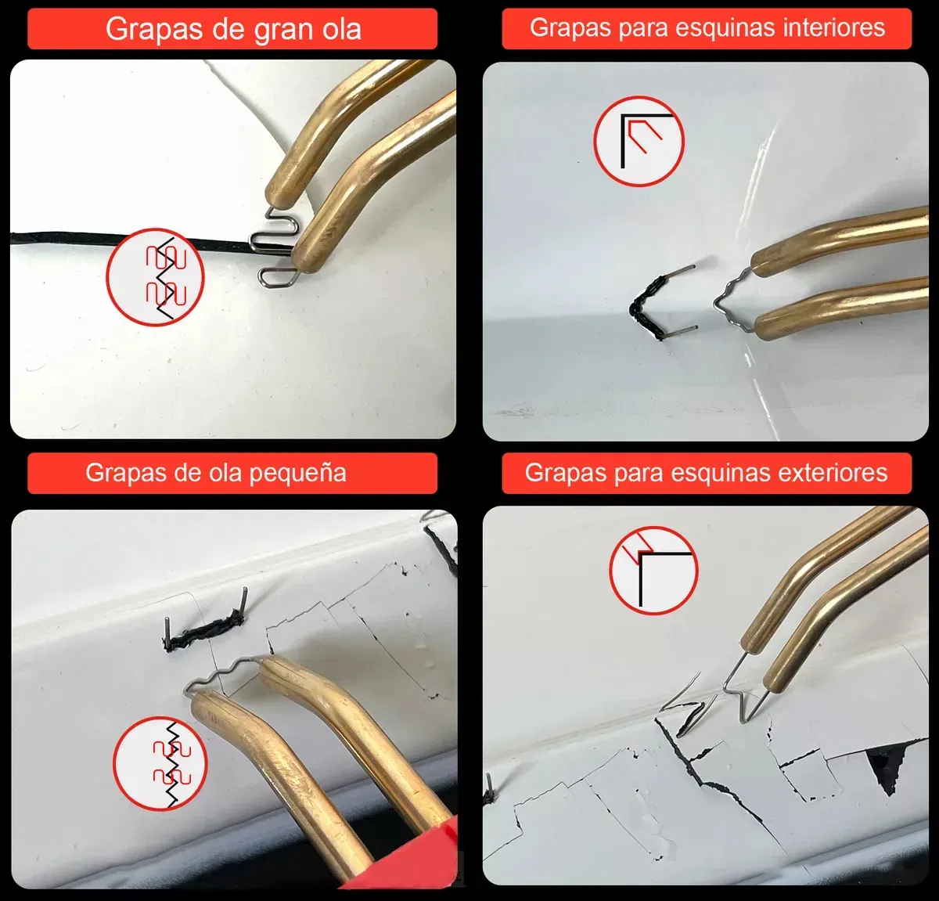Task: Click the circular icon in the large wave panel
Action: [155, 276]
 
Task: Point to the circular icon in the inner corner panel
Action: [639, 141]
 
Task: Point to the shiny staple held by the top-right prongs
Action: [732, 297]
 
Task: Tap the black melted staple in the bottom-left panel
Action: [205, 632]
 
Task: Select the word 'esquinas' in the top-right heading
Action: [707, 28]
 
